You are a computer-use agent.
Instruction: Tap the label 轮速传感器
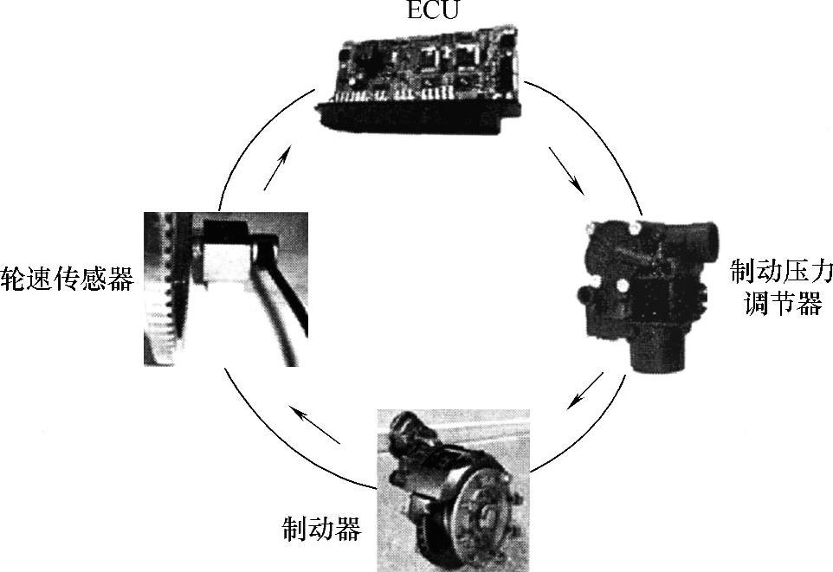point(68,279)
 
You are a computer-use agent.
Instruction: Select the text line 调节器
point(781,305)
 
